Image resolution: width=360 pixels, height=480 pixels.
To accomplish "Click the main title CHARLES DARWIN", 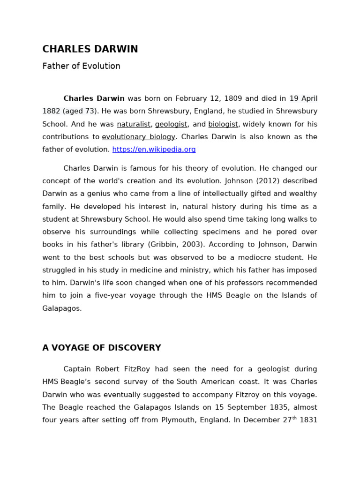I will pos(90,49).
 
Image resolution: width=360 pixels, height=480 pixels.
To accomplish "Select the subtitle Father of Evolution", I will pos(81,66).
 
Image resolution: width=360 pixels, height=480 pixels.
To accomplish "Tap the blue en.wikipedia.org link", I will pos(154,150).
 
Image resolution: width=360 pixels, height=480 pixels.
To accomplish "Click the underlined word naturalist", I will pos(134,124).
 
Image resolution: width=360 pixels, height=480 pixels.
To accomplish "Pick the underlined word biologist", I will pos(223,124).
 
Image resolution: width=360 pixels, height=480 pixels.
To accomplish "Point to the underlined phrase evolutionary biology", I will pos(138,137).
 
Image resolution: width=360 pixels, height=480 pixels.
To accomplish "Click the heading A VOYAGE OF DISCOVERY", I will pos(102,348).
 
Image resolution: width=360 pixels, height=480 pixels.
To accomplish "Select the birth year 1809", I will pos(233,98).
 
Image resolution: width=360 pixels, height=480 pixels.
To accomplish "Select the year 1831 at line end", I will pos(308,420).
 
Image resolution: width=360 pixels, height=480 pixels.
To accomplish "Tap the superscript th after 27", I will pos(294,418).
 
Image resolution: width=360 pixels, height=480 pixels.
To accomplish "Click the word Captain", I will pos(78,369).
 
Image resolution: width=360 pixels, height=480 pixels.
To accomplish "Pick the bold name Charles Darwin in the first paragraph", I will pos(94,98).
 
